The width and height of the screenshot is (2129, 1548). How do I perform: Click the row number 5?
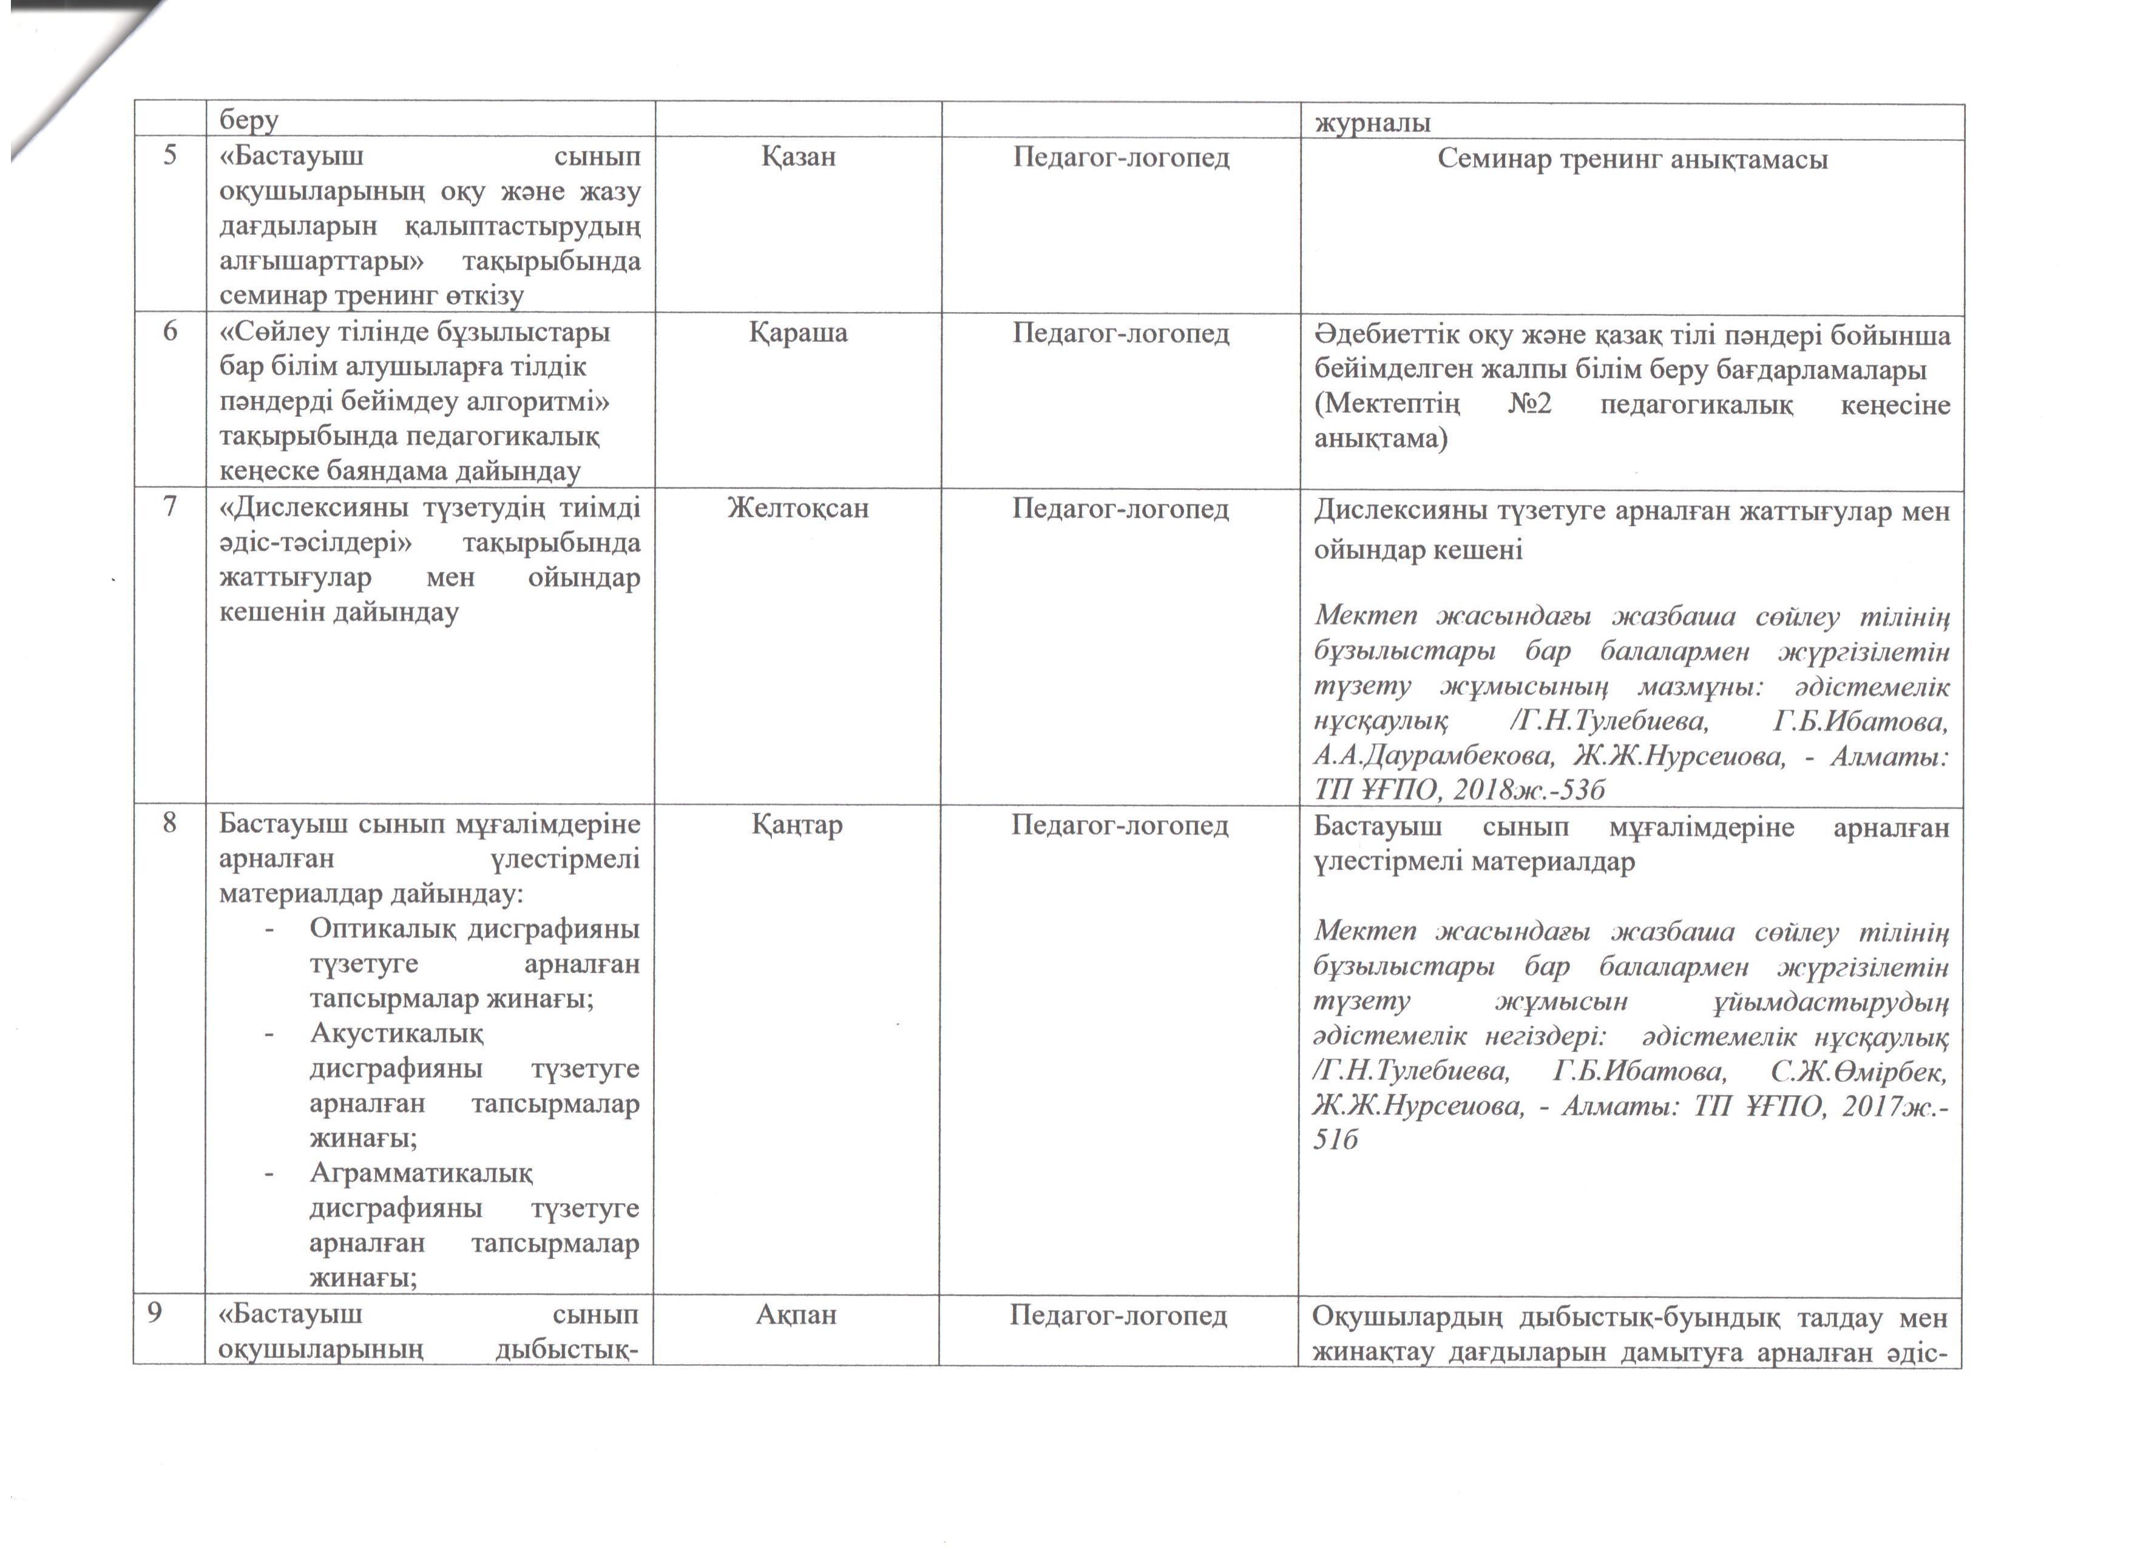point(170,155)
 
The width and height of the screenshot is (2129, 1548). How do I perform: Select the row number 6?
point(170,331)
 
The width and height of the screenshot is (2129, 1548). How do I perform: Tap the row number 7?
point(170,507)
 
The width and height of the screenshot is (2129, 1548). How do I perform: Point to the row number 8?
point(170,823)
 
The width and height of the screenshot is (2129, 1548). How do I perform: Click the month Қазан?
point(798,156)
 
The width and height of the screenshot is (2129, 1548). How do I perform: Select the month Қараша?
point(798,332)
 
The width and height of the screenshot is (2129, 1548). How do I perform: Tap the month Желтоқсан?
point(798,508)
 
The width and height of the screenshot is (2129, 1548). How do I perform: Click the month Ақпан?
point(796,1314)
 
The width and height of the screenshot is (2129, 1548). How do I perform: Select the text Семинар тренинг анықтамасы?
point(1633,158)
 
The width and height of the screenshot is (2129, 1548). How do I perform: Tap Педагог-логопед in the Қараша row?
point(1121,333)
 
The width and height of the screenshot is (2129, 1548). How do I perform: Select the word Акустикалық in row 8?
point(397,1034)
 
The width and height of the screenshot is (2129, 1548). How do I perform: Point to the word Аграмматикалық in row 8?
point(421,1173)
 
